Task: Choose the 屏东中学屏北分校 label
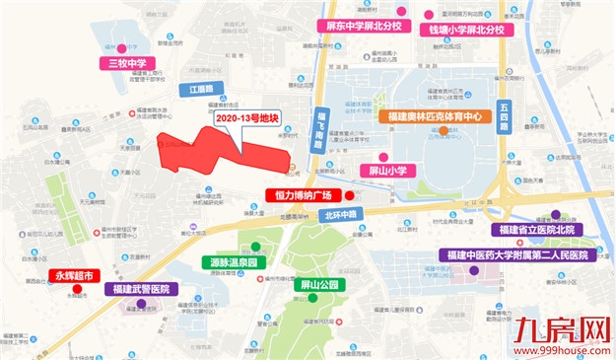(x=358, y=27)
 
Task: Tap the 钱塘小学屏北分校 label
(x=467, y=30)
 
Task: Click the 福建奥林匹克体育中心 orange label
(x=436, y=115)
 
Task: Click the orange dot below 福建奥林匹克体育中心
(x=445, y=130)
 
